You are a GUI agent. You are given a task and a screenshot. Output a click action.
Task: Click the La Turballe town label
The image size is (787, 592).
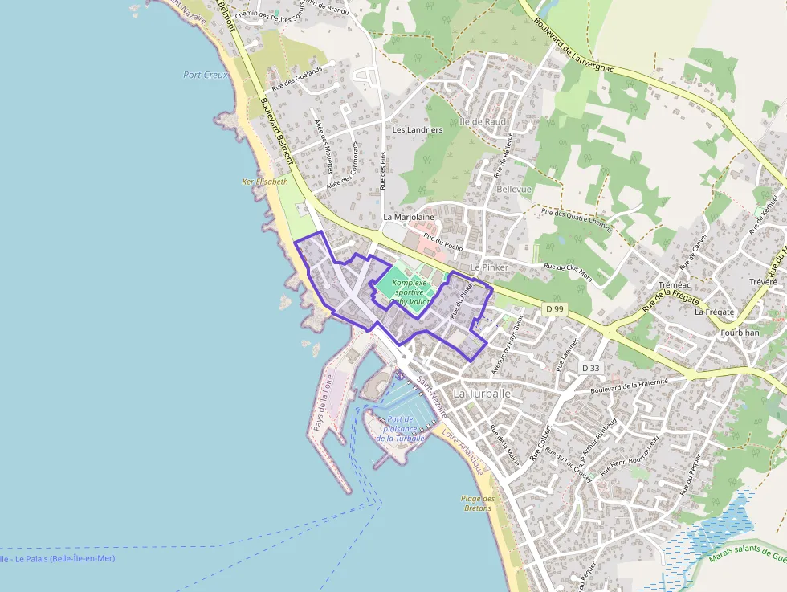click(482, 394)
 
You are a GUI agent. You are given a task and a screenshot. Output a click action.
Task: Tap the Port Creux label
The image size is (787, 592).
click(206, 75)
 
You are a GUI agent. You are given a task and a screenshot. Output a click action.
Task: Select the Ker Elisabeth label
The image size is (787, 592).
click(265, 182)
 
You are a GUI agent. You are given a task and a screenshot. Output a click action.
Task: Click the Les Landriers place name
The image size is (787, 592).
click(417, 129)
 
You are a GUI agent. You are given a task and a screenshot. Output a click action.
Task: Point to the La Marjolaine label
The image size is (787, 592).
click(408, 217)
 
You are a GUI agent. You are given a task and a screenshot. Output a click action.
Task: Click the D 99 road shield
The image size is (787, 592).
click(554, 308)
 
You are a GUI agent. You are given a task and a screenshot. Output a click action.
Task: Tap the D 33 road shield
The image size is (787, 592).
click(590, 368)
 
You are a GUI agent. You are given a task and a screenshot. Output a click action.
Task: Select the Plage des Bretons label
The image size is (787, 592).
click(478, 504)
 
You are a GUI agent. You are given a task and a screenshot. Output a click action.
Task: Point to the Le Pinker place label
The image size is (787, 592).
click(489, 267)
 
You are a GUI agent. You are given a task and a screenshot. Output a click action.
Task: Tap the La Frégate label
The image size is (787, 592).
click(714, 312)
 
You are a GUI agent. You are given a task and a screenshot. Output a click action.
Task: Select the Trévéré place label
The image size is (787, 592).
click(762, 282)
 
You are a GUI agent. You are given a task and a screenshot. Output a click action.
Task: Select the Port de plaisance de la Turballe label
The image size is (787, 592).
click(402, 429)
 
